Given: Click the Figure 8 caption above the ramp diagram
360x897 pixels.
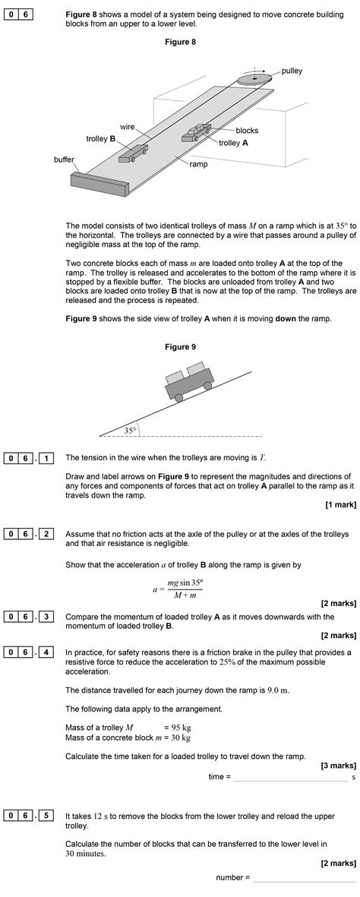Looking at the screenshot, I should coord(180,42).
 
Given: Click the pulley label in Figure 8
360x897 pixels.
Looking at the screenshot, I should coord(292,71).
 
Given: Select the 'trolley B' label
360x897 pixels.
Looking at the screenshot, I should coord(101,139).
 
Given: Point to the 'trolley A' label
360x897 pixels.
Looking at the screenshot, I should coord(233,143).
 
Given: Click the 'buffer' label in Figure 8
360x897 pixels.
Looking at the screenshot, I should coord(64,160).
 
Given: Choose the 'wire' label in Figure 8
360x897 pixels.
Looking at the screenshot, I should coord(127,126).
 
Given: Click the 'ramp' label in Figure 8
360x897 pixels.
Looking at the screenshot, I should coord(198,163).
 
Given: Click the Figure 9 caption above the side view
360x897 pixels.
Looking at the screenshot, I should coord(180,346).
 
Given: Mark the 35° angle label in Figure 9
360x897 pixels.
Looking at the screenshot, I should coord(131,431).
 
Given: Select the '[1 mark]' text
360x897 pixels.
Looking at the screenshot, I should coord(341,504).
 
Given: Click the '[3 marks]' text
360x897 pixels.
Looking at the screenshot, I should coord(338,766).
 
